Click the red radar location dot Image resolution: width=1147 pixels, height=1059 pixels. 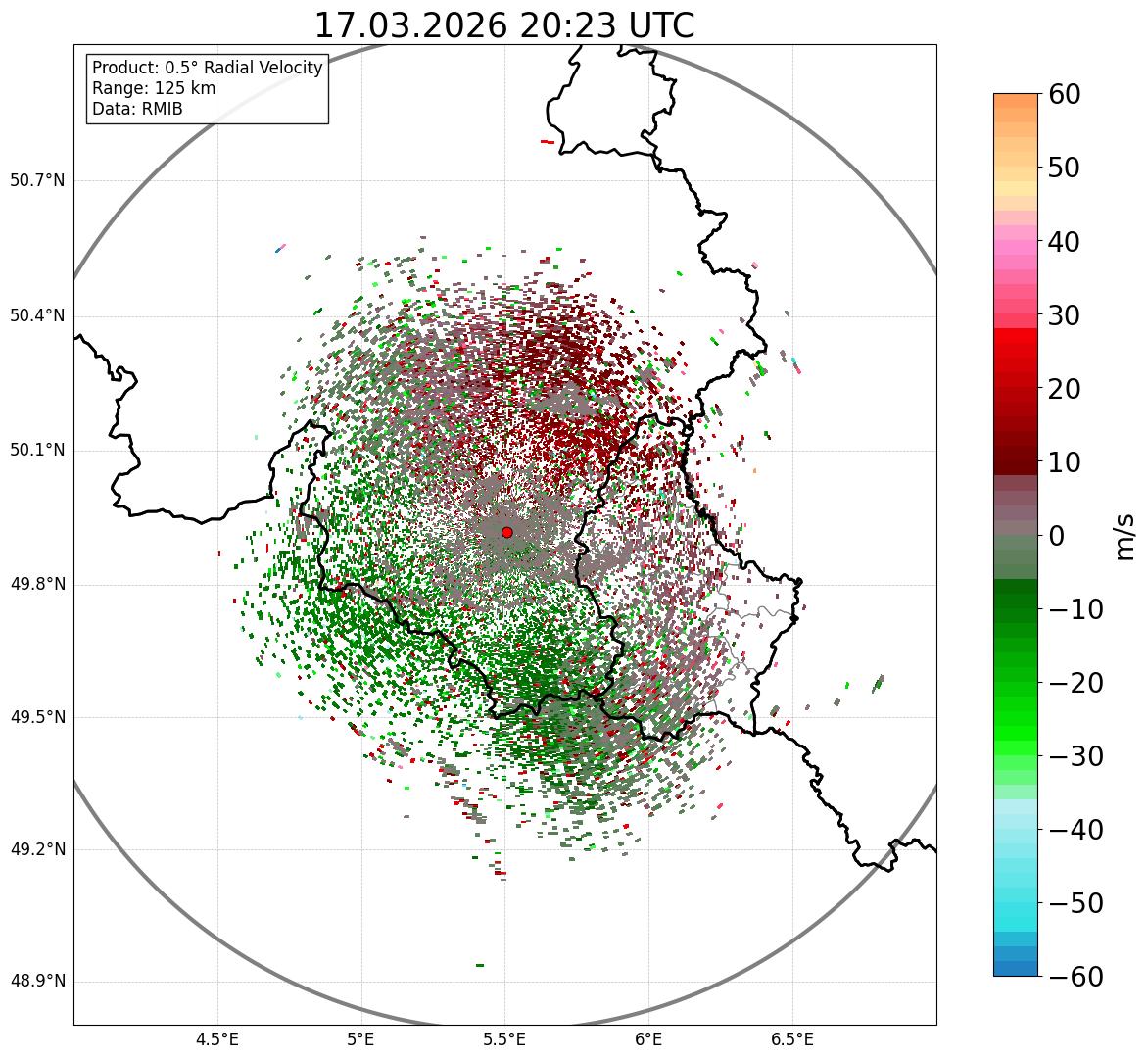pos(506,532)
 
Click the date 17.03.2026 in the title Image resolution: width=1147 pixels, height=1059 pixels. pos(411,25)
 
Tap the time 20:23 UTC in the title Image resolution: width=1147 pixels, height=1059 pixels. pos(606,25)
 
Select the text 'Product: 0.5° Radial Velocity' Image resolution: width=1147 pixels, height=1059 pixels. pos(207,68)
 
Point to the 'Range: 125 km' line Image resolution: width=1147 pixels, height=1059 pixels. pos(154,88)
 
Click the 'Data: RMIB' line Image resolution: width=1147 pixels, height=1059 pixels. pos(137,109)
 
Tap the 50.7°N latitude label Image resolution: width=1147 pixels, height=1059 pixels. pos(37,181)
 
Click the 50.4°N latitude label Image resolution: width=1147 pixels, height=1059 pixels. pos(37,315)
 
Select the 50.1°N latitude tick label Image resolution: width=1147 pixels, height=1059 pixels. pos(37,451)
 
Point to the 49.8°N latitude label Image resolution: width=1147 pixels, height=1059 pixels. pos(37,585)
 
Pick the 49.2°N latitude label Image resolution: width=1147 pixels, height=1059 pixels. pos(37,849)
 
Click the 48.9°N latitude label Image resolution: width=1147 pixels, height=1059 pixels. pos(37,982)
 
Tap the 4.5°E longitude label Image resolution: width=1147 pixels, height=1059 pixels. pos(217,1038)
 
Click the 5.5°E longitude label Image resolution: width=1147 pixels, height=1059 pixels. pos(504,1038)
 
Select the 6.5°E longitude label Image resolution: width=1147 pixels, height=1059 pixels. pos(791,1038)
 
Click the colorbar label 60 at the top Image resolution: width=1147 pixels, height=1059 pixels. pos(1065,94)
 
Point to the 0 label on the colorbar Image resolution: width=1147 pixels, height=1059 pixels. pos(1057,536)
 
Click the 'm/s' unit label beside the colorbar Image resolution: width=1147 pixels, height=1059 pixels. pos(1126,536)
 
